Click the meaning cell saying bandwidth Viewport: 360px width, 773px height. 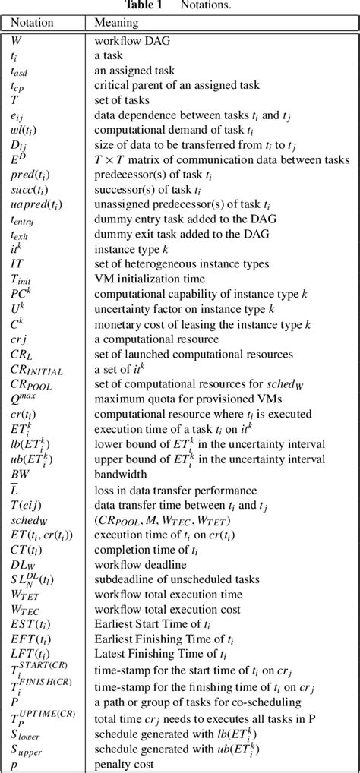[120, 475]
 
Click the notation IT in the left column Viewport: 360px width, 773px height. [16, 263]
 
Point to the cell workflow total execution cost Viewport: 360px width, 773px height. [167, 609]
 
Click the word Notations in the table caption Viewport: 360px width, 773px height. [205, 6]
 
